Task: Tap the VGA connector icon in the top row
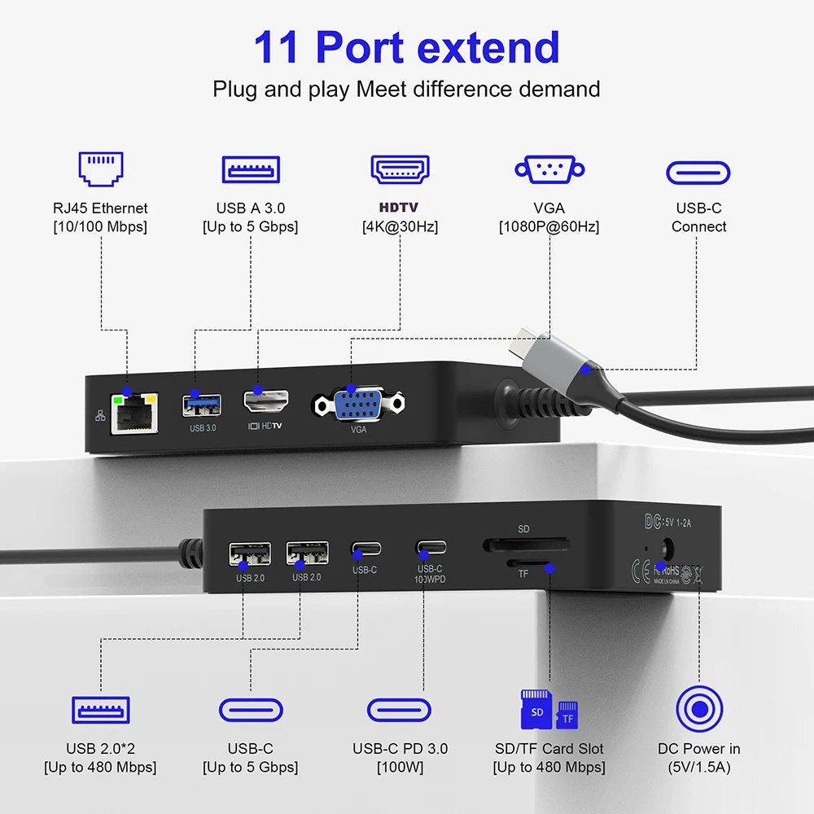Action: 549,169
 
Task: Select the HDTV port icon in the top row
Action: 400,169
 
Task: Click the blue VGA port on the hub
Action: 358,405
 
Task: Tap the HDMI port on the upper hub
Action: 266,402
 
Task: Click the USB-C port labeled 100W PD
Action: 429,547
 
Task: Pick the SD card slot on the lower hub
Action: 526,544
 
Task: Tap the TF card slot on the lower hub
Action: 529,563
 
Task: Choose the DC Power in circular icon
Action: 698,708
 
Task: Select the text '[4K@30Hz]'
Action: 400,227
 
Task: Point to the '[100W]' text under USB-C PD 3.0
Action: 400,767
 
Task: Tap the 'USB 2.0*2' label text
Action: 100,748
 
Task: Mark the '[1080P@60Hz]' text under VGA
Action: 549,227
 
